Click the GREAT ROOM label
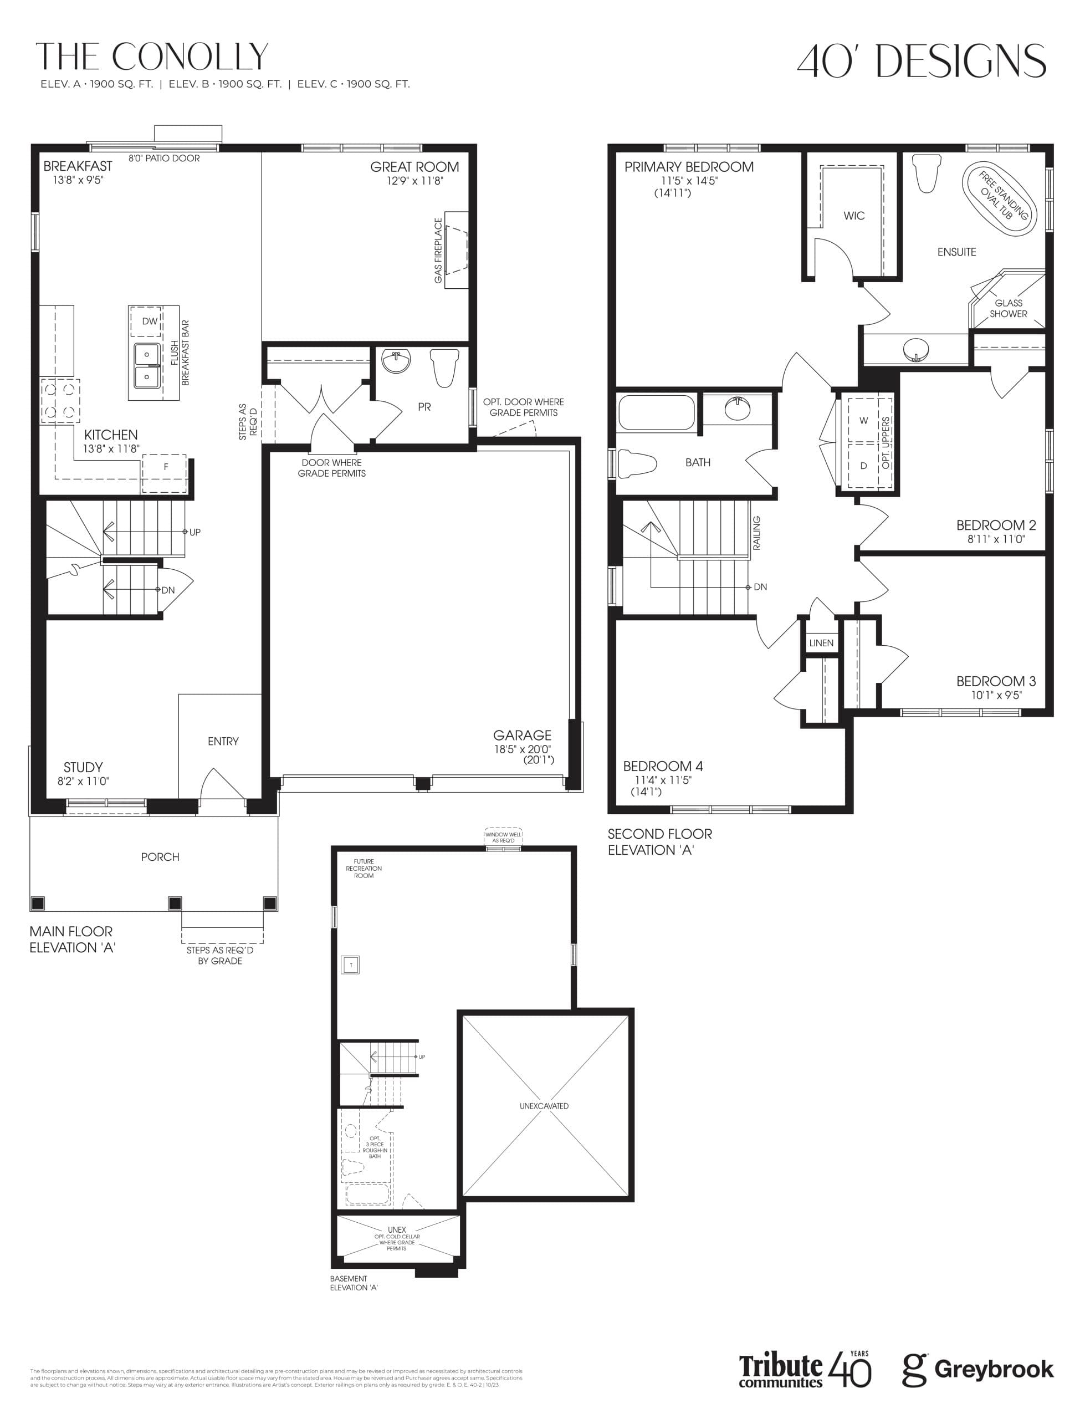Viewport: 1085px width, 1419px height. coord(414,167)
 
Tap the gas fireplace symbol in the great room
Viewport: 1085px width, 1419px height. coord(456,250)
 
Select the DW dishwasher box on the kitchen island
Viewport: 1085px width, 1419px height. coord(149,321)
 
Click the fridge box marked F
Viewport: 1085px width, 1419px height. coord(165,467)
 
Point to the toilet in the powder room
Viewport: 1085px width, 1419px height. coord(444,367)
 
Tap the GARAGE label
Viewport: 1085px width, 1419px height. coord(522,735)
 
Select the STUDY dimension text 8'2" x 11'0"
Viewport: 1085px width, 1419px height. coord(83,781)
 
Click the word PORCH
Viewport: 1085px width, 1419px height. coord(160,857)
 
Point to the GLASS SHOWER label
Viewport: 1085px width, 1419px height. coord(1008,308)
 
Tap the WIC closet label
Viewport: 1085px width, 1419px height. coord(854,216)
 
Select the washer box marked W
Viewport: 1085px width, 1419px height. coord(863,421)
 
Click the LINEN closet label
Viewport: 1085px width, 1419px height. coord(821,642)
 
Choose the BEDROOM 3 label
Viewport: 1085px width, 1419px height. coord(996,681)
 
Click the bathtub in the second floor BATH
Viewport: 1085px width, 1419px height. coord(656,413)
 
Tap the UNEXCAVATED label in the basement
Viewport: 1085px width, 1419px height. coord(544,1106)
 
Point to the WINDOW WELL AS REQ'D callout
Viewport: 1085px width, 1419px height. coord(503,837)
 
